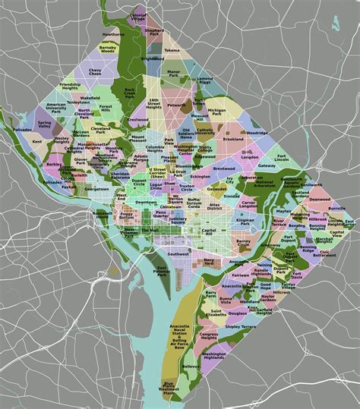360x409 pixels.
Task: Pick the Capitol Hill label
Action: click(x=210, y=231)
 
